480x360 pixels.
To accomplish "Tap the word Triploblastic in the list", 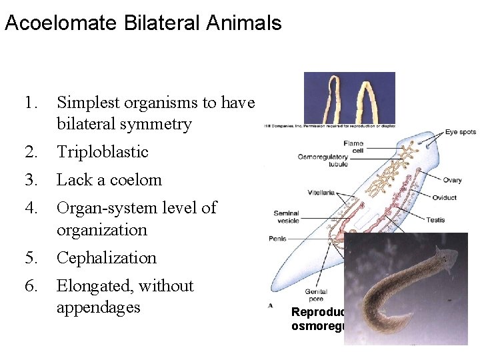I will pyautogui.click(x=102, y=152).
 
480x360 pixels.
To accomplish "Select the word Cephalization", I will pyautogui.click(x=107, y=258).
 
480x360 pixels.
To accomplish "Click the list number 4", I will pyautogui.click(x=29, y=208).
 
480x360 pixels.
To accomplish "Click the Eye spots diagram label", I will pyautogui.click(x=461, y=132).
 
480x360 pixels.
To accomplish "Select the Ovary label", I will pyautogui.click(x=452, y=180).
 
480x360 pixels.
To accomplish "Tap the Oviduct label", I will pyautogui.click(x=445, y=197).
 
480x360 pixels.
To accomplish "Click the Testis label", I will pyautogui.click(x=436, y=220).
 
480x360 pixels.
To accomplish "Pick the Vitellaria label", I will pyautogui.click(x=321, y=193).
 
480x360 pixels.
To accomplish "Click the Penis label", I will pyautogui.click(x=277, y=237).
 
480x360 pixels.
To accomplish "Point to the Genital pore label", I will pyautogui.click(x=315, y=295).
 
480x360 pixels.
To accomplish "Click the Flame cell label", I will pyautogui.click(x=353, y=147).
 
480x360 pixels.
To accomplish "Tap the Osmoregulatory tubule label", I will pyautogui.click(x=323, y=161).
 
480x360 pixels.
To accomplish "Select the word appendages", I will pyautogui.click(x=98, y=308).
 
